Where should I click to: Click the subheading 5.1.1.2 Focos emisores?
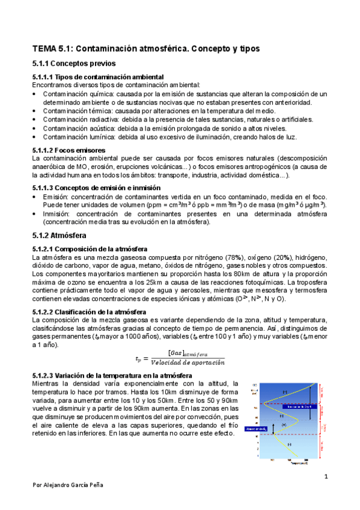69,150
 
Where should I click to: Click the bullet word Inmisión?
55,214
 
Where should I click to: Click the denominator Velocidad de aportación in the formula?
188,362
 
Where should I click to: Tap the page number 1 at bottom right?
325,477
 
